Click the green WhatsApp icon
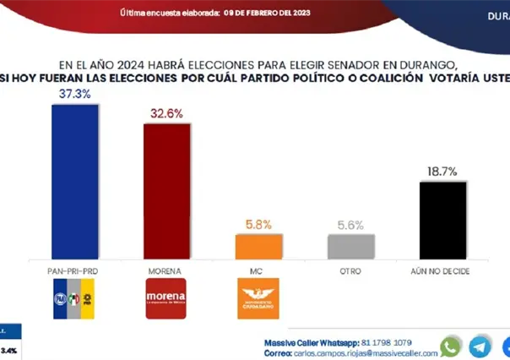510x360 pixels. [452, 346]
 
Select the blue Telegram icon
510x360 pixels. [480, 346]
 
